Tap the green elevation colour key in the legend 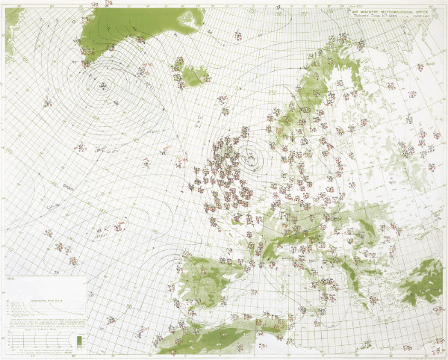[x=78, y=342]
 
